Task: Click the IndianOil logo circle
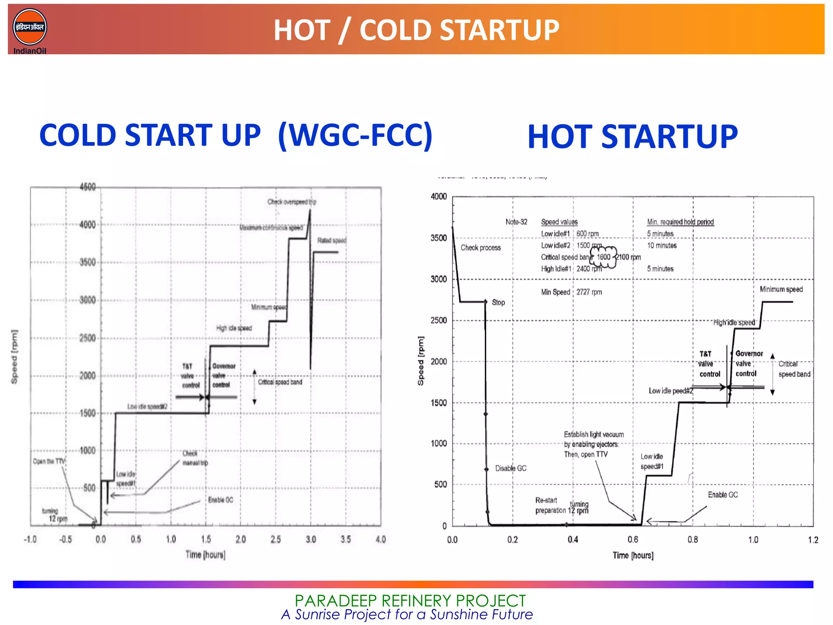[30, 27]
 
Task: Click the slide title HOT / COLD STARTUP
[416, 30]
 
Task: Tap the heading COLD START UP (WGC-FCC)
[236, 135]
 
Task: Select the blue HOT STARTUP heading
[632, 137]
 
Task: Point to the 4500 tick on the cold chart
[87, 187]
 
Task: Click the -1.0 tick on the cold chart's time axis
[30, 539]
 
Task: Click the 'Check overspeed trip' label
[292, 202]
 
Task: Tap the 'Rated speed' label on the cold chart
[331, 240]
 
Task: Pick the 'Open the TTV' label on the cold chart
[49, 461]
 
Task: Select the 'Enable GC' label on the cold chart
[220, 500]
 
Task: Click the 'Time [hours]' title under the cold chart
[205, 555]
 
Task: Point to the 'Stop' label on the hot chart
[498, 302]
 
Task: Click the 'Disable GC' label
[510, 468]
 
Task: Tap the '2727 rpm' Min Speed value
[589, 292]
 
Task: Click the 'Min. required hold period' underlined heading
[680, 222]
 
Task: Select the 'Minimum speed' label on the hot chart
[781, 289]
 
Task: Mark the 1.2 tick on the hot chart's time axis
[813, 540]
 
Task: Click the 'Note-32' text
[516, 222]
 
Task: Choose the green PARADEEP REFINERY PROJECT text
[410, 601]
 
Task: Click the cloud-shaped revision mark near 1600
[604, 257]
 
